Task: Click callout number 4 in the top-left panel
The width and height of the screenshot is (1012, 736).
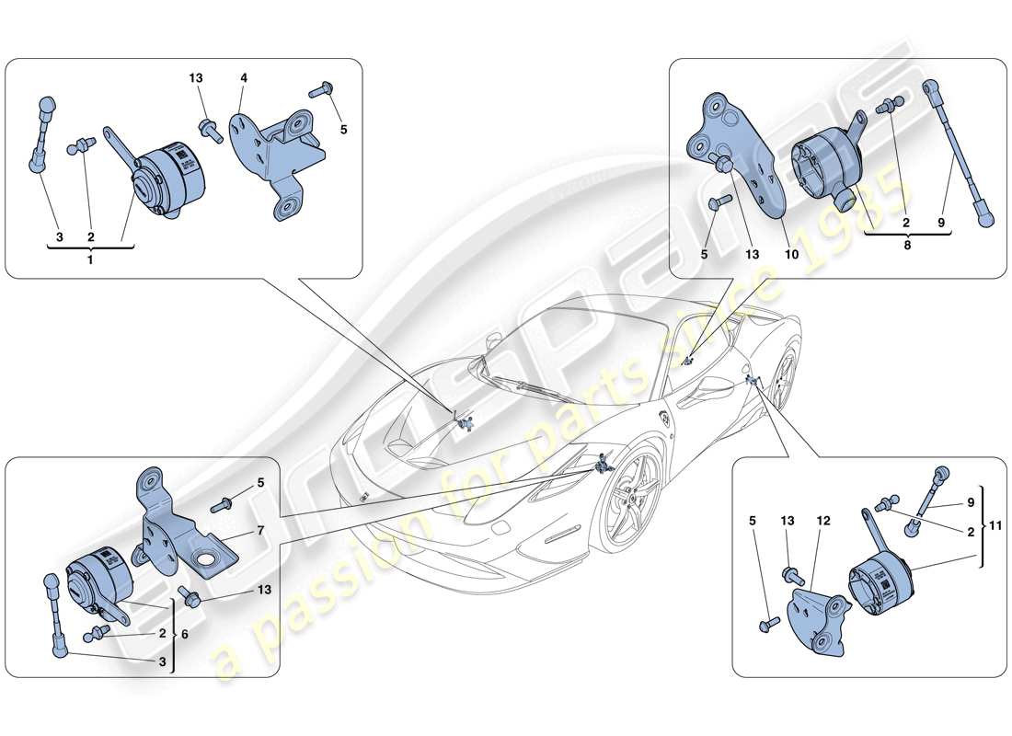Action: [245, 79]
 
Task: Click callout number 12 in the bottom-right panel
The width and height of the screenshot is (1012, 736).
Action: [823, 521]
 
